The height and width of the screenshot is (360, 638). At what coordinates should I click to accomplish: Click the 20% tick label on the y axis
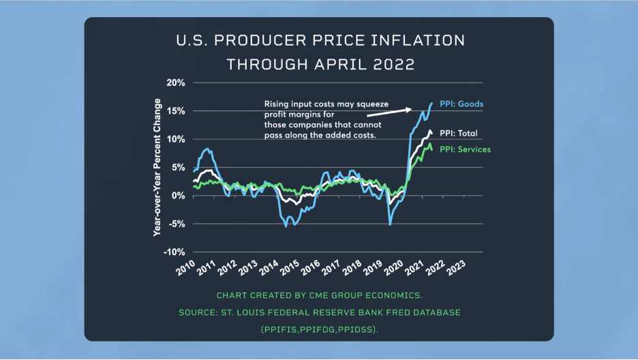pyautogui.click(x=175, y=82)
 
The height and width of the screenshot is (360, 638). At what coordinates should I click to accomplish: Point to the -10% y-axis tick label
pyautogui.click(x=173, y=252)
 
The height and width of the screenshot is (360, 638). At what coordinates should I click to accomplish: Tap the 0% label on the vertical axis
pyautogui.click(x=178, y=196)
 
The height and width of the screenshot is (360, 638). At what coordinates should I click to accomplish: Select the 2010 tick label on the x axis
pyautogui.click(x=186, y=267)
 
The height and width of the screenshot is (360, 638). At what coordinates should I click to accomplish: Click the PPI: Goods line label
pyautogui.click(x=461, y=104)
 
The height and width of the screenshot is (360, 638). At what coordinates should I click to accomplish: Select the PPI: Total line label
pyautogui.click(x=459, y=133)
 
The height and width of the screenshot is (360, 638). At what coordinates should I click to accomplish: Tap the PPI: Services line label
pyautogui.click(x=465, y=149)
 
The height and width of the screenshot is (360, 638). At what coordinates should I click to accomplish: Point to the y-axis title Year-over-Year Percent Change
pyautogui.click(x=157, y=167)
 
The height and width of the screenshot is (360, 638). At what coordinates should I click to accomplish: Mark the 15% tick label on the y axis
pyautogui.click(x=175, y=110)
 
